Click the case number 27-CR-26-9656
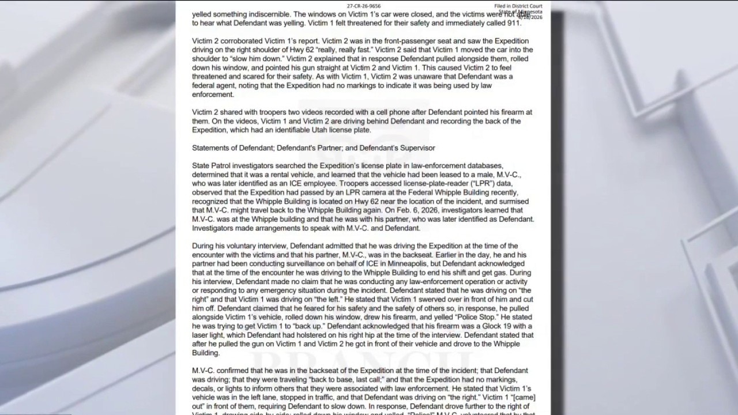point(364,6)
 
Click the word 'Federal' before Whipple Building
point(418,193)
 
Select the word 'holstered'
point(329,334)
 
